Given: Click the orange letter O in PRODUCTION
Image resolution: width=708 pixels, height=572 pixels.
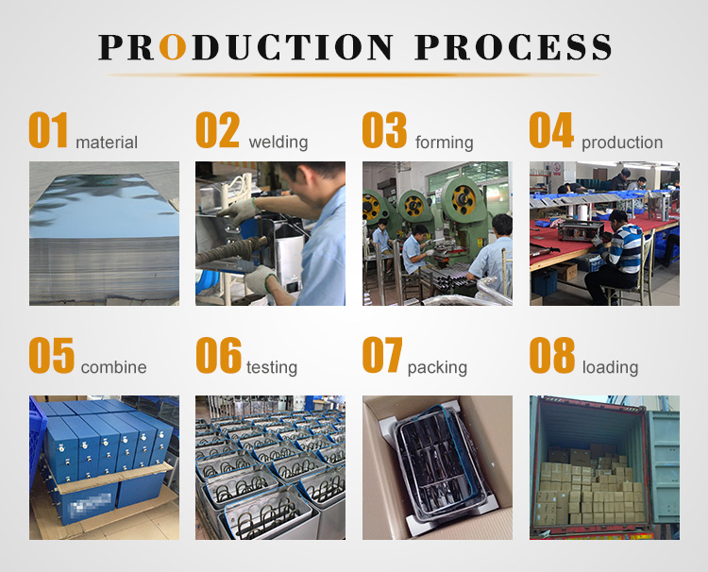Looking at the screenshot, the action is [173, 47].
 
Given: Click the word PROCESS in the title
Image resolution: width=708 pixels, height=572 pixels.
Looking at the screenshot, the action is [513, 47].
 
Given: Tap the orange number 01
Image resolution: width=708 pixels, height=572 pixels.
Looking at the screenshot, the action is [48, 130].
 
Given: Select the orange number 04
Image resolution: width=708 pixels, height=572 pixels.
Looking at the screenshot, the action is [551, 130].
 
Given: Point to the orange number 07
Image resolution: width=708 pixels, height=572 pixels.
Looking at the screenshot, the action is [382, 355].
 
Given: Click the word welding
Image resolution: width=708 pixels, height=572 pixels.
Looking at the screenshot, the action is [278, 143].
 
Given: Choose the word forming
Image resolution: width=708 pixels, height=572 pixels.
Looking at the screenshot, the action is [445, 143].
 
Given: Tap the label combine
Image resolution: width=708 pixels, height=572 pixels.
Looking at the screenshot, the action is [114, 367].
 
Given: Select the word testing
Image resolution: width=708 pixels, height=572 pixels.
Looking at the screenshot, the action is [272, 367].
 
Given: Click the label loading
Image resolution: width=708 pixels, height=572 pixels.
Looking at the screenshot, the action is [610, 367].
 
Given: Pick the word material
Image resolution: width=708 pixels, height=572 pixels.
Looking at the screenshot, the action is [107, 143].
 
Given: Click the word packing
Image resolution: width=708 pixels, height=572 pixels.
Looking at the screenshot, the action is [437, 368].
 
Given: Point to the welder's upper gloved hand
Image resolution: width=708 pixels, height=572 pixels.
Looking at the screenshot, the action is [242, 210].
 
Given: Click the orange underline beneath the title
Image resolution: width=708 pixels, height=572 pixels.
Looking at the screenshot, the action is [354, 75].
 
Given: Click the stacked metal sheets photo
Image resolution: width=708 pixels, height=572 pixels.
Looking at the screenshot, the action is [104, 233].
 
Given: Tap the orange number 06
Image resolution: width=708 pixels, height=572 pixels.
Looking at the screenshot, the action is [219, 355].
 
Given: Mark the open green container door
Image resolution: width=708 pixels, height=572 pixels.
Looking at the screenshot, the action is [664, 467].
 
